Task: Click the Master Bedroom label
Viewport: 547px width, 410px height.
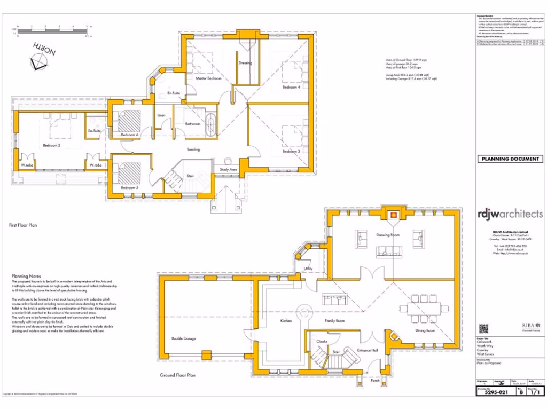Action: (208, 78)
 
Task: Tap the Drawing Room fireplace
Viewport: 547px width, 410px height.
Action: (393, 215)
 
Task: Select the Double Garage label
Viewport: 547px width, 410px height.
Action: (184, 338)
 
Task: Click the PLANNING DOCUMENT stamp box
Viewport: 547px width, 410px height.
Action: (510, 159)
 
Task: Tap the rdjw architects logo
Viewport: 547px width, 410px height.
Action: (510, 214)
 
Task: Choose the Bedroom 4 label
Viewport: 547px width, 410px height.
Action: (291, 87)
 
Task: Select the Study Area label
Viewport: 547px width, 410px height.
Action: (229, 170)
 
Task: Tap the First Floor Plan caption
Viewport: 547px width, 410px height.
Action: (23, 225)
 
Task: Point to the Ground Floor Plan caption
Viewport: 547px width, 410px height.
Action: (177, 375)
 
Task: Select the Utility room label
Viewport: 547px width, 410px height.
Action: (308, 269)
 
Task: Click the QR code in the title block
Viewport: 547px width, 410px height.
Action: (484, 328)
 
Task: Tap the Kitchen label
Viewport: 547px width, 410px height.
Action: (286, 321)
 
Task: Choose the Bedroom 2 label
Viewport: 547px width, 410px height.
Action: (52, 145)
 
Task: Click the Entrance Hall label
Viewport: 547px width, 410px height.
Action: (368, 350)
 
